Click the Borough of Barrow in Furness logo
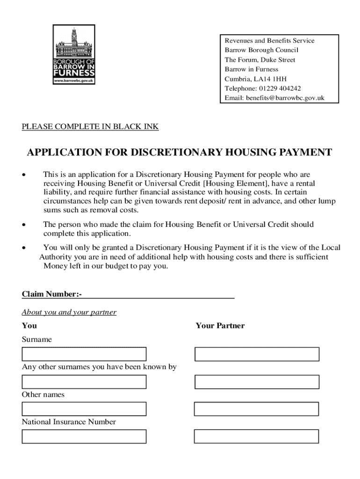click(x=74, y=55)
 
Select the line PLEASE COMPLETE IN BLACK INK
click(x=90, y=126)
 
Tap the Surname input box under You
click(x=84, y=354)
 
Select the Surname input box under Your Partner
click(x=257, y=354)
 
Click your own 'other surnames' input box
click(x=84, y=382)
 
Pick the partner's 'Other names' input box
click(x=256, y=409)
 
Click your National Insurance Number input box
click(x=84, y=436)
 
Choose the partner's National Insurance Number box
click(x=256, y=436)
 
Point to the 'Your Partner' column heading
click(x=220, y=326)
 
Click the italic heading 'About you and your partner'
click(x=69, y=312)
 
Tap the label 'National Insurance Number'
click(x=69, y=422)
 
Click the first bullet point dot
click(x=23, y=175)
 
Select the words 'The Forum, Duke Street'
click(x=260, y=60)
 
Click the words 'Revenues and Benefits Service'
click(x=269, y=41)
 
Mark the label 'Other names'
click(x=43, y=395)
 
